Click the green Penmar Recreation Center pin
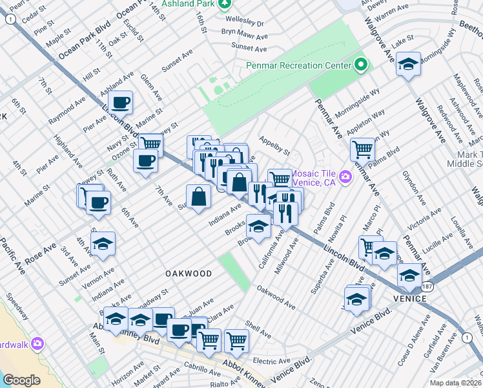[x=360, y=65]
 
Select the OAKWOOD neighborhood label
[x=189, y=274]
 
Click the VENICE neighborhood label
[x=408, y=299]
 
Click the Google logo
[x=21, y=380]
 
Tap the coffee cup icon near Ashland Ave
[x=121, y=102]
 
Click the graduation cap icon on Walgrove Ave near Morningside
[x=408, y=63]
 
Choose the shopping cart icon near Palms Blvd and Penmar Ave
[x=362, y=149]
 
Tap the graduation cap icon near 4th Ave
[x=103, y=243]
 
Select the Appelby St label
[x=274, y=145]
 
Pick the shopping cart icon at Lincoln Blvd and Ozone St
[x=150, y=144]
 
